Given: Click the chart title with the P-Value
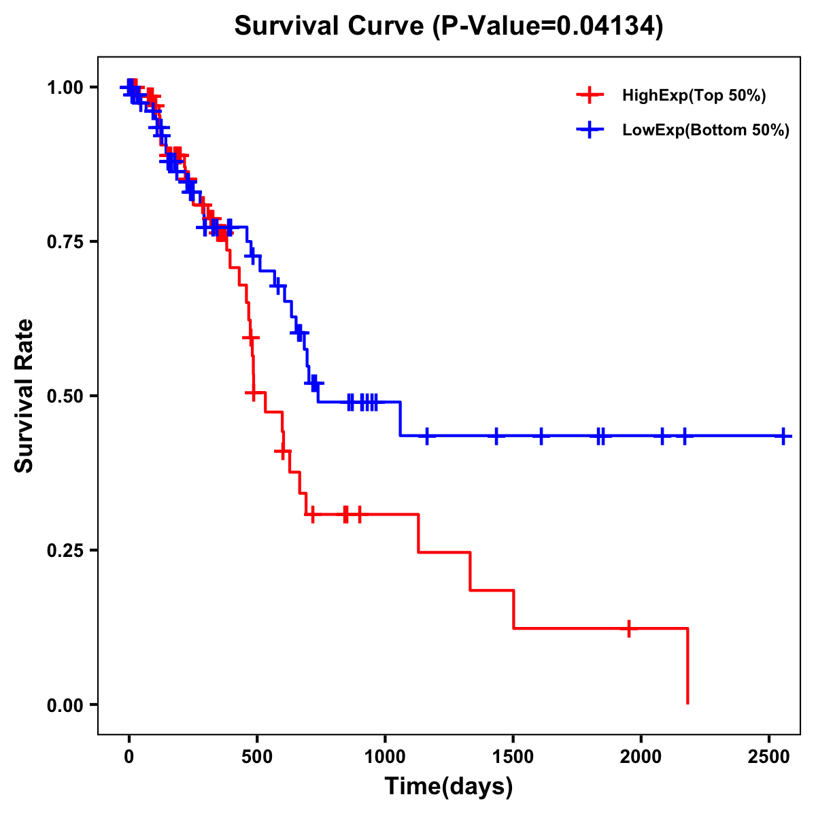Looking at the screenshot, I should coord(448,26).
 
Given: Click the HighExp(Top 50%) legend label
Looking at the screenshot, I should coord(694,96).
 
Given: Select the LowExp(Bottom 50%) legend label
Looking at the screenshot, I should coord(706,131).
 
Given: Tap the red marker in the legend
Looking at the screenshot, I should coord(590,95).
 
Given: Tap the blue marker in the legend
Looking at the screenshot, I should coord(590,130).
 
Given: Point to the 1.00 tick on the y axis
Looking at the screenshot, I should coord(65,88).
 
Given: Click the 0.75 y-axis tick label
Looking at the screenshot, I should coord(65,242).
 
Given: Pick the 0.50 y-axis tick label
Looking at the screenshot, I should coord(65,396).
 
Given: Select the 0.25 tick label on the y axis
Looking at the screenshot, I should coord(65,551).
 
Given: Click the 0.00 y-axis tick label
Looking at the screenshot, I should coord(65,705).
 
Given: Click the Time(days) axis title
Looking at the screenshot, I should coord(449,787).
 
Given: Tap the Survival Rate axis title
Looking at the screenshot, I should coord(24,396).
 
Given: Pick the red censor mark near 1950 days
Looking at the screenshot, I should coord(629,628).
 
